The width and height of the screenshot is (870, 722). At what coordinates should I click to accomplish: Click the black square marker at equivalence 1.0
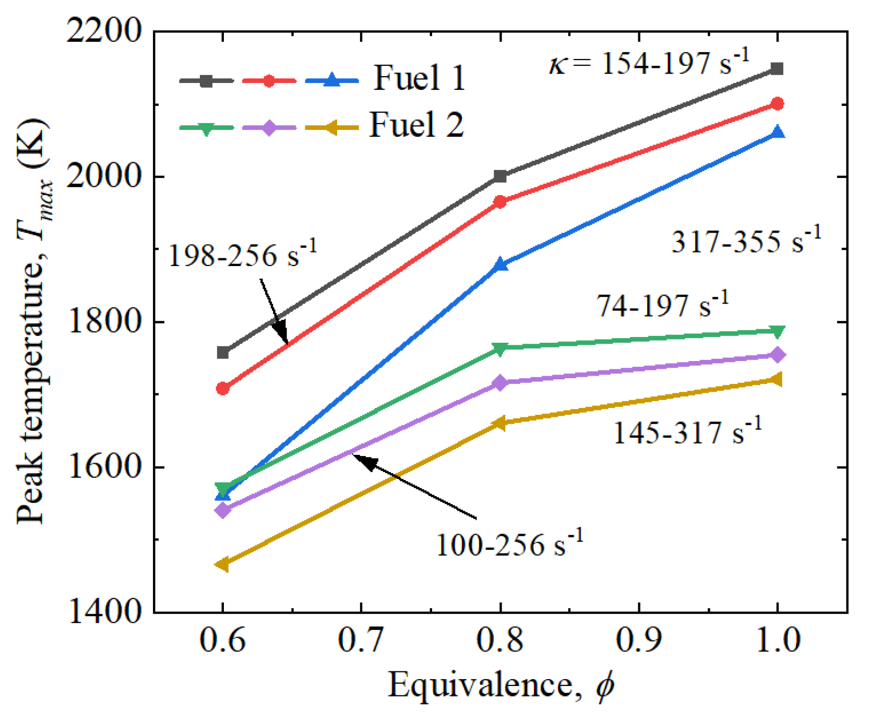click(x=777, y=69)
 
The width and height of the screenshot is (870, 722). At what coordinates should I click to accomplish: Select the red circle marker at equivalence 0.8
click(x=500, y=201)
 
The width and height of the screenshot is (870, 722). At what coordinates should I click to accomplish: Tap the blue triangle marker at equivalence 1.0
click(x=777, y=133)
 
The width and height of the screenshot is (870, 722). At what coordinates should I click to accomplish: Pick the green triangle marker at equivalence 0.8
click(x=500, y=348)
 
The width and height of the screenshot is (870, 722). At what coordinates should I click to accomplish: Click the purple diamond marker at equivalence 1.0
click(x=777, y=355)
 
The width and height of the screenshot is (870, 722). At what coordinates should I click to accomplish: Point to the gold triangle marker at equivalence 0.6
click(x=223, y=564)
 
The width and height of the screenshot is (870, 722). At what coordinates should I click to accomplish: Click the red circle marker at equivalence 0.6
click(x=223, y=388)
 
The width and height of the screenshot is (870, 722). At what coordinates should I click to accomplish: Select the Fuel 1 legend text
click(x=419, y=78)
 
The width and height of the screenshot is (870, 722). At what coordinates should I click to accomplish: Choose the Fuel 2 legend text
click(x=416, y=125)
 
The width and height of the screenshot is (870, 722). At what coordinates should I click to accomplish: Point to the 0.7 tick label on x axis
click(x=361, y=640)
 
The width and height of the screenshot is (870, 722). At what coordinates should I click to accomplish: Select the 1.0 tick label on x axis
click(x=777, y=640)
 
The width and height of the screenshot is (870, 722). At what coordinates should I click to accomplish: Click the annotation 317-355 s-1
click(x=746, y=241)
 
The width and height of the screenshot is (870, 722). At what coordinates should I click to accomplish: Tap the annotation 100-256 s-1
click(x=509, y=545)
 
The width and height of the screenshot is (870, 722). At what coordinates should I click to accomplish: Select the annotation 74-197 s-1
click(x=662, y=305)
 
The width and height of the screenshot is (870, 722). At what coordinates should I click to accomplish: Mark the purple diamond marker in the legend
click(x=269, y=127)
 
